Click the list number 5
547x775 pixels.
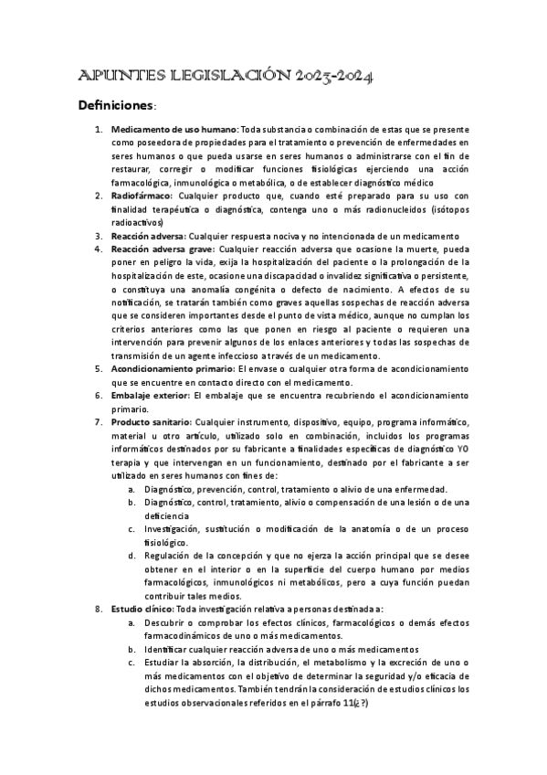click(99, 368)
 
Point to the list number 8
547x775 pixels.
click(99, 608)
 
